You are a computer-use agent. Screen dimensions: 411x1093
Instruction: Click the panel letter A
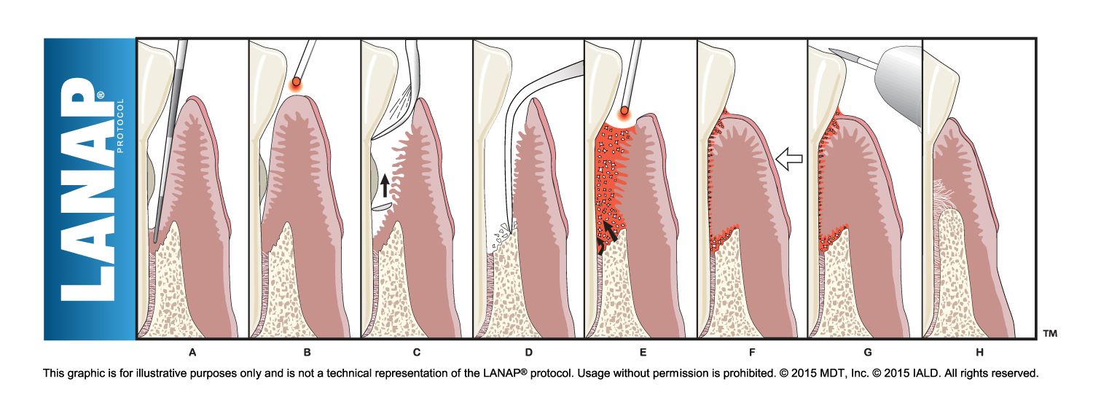click(192, 353)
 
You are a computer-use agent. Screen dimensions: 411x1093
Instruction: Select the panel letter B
click(307, 353)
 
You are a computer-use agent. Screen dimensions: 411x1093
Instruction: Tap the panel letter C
click(416, 353)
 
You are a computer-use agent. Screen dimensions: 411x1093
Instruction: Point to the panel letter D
click(528, 353)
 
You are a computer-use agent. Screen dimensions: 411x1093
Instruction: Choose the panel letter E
click(642, 353)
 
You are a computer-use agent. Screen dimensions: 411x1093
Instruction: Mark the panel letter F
click(751, 353)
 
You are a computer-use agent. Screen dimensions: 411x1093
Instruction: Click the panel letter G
click(867, 353)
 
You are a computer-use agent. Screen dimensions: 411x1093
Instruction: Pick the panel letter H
click(979, 353)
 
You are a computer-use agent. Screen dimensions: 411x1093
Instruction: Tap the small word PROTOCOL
click(121, 125)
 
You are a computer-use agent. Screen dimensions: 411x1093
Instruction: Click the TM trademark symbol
click(1049, 333)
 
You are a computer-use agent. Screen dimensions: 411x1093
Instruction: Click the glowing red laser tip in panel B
click(296, 83)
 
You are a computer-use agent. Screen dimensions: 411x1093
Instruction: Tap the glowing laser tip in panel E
click(624, 111)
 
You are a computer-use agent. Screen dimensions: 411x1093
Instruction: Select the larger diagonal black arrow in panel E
click(609, 231)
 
